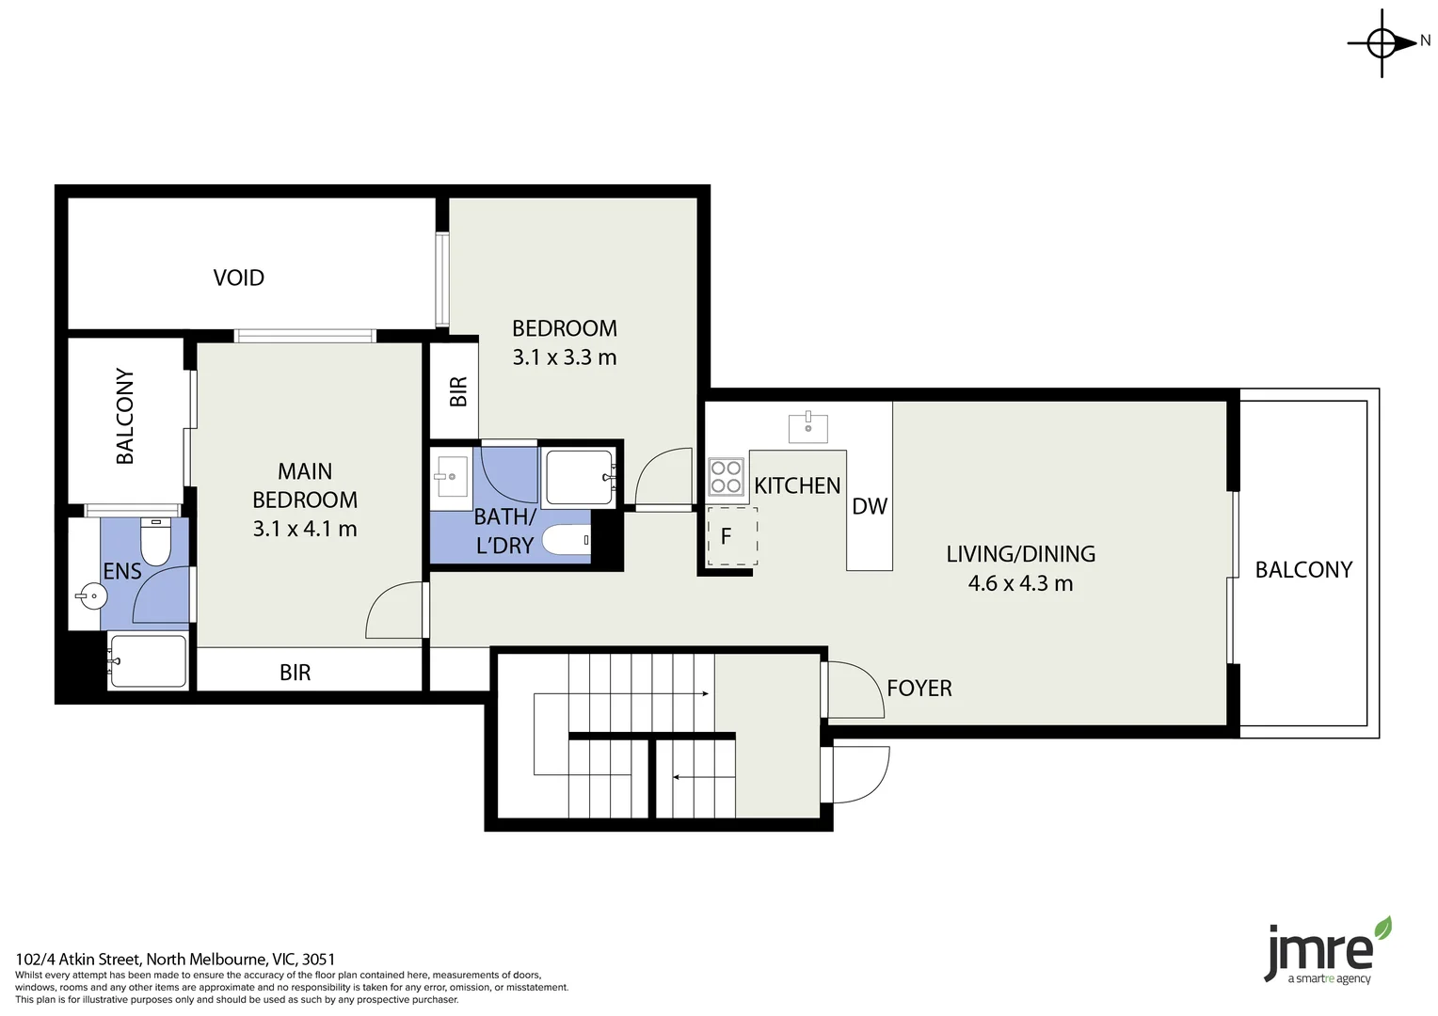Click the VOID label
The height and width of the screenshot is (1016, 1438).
(x=238, y=278)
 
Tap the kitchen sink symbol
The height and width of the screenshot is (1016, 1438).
(x=808, y=425)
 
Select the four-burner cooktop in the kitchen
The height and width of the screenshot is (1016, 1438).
(x=726, y=476)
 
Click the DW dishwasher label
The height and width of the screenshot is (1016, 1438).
(x=870, y=507)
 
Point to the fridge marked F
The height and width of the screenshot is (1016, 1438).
(x=731, y=537)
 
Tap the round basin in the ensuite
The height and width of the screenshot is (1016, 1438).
(x=91, y=595)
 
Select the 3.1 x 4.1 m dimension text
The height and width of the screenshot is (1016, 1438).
(x=305, y=529)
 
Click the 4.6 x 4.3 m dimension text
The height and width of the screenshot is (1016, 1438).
(x=1020, y=583)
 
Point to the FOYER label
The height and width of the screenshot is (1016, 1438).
(x=919, y=689)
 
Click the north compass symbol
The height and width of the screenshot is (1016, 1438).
(x=1382, y=42)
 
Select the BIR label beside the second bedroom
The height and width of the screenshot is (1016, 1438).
(x=458, y=391)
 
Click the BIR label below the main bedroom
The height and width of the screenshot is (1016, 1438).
(x=295, y=673)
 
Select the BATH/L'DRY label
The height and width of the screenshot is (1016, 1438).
(x=504, y=531)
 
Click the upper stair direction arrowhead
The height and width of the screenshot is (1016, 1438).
(x=704, y=694)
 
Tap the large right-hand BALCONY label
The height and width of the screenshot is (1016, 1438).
(x=1303, y=569)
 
